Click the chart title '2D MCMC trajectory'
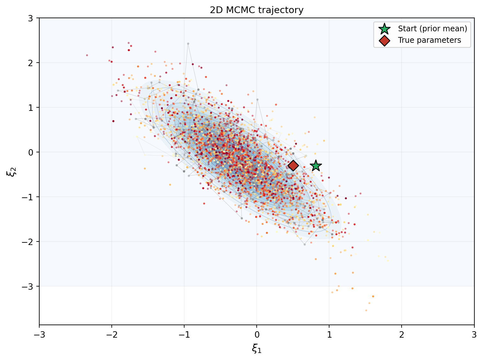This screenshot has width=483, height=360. [256, 10]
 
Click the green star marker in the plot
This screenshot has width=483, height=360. [316, 165]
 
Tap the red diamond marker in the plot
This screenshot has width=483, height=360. [293, 165]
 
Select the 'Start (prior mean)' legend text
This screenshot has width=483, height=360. [432, 29]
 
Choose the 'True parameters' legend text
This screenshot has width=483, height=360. [429, 40]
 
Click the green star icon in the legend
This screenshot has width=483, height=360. [384, 29]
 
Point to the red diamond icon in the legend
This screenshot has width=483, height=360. [384, 40]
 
